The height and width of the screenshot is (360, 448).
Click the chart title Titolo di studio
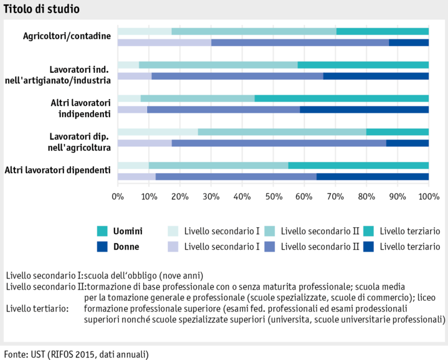[x=41, y=10]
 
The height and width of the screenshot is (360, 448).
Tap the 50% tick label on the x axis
[x=273, y=197]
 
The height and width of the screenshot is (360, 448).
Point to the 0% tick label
[x=118, y=197]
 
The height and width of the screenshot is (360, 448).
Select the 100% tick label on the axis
[x=428, y=197]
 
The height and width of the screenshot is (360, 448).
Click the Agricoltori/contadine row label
[x=67, y=36]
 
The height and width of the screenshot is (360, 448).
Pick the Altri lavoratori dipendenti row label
[x=58, y=170]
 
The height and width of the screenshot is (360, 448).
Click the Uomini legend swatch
[x=103, y=231]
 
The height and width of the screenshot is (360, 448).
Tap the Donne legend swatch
[x=103, y=247]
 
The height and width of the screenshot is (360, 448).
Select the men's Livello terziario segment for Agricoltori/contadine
[x=382, y=31]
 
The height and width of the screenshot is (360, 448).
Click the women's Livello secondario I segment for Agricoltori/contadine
[x=164, y=42]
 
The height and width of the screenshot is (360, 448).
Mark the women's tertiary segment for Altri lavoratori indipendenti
[x=364, y=110]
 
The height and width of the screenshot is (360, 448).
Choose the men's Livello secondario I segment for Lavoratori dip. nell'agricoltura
[x=157, y=132]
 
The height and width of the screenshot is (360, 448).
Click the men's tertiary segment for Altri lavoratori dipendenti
[x=358, y=165]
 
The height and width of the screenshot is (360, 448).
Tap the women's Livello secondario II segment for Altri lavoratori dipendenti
[x=236, y=176]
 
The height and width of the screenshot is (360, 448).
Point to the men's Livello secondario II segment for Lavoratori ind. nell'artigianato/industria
[x=218, y=65]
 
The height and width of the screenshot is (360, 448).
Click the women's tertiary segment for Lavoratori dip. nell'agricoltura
[x=407, y=143]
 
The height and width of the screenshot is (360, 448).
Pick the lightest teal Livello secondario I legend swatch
[x=173, y=231]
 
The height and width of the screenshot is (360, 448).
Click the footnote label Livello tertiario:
[x=37, y=308]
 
